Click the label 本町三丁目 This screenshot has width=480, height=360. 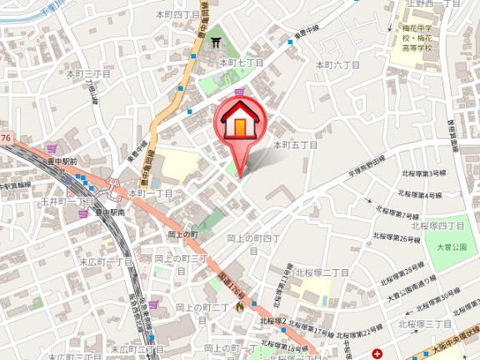(87, 74)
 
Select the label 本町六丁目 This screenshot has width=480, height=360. (337, 64)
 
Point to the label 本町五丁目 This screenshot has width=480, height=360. (296, 144)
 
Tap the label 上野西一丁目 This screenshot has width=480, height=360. (427, 5)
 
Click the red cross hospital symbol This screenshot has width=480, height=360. (379, 353)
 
